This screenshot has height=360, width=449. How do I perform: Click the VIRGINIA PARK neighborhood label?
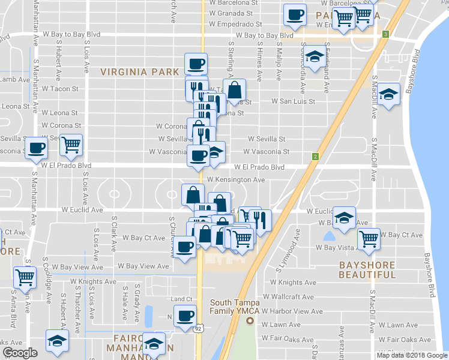tap(140, 72)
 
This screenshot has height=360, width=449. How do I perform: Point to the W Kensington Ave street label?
tap(236, 179)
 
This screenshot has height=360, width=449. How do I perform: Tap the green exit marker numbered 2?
tap(315, 157)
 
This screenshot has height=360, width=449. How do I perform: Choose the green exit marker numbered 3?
tap(385, 34)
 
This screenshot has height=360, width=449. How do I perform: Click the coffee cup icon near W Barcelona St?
tap(294, 14)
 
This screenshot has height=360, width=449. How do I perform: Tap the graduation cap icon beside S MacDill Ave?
tap(389, 94)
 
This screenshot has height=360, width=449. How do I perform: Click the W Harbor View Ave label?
tap(292, 311)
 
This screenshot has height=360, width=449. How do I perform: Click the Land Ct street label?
tap(181, 299)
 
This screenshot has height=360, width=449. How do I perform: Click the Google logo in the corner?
tap(20, 353)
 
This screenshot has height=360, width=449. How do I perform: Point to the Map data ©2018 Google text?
tap(412, 355)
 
